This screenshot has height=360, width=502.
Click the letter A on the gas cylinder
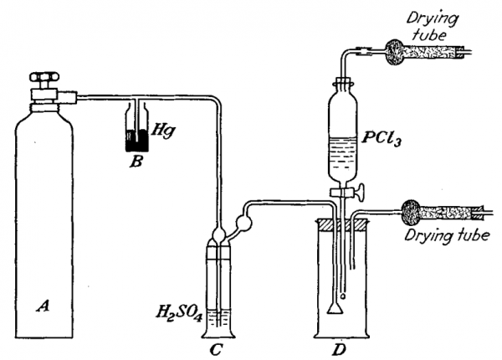[x=43, y=306]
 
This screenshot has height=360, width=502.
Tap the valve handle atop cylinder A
[x=44, y=77]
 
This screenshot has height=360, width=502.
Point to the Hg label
[x=164, y=131]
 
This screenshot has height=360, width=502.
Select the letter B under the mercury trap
[x=136, y=162]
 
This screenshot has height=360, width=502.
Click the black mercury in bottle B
[x=136, y=142]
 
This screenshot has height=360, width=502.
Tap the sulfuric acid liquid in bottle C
[x=218, y=321]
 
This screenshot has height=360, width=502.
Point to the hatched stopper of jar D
[x=342, y=222]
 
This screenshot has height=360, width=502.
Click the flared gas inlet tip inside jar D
[x=336, y=308]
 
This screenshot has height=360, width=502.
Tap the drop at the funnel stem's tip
[x=343, y=296]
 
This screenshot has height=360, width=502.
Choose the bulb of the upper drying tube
[x=394, y=52]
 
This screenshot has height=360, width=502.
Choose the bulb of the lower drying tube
[x=411, y=211]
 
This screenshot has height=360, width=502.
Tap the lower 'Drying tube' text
[x=447, y=235]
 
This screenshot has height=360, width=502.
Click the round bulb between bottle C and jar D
[x=244, y=222]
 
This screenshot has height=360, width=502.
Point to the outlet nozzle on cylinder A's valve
[x=67, y=97]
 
